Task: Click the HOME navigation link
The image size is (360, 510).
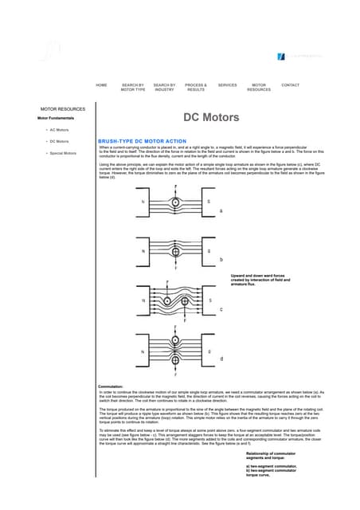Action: tap(101, 84)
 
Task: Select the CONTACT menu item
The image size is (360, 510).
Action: tap(291, 84)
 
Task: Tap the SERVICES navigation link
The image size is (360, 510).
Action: tap(227, 84)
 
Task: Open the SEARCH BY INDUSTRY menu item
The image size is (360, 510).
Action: tap(164, 87)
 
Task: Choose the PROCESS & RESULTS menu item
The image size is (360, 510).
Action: tap(195, 87)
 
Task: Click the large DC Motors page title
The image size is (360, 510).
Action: tap(211, 117)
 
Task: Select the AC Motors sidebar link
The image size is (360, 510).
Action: tap(60, 129)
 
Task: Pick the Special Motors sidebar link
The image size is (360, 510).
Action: tap(63, 152)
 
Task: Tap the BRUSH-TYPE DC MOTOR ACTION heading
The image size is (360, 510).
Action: tap(141, 141)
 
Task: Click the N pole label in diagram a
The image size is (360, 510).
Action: tap(143, 202)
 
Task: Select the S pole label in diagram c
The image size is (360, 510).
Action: tap(209, 300)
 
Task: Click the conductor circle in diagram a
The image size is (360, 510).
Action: tap(176, 202)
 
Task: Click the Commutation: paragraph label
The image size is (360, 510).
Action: tap(111, 386)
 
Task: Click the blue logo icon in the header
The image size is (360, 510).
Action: tap(281, 56)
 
